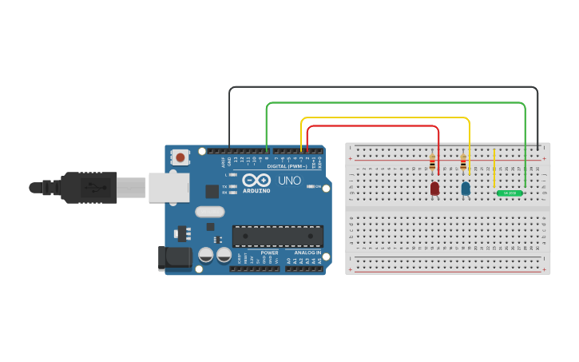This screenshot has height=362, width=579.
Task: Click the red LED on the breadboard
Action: (x=434, y=189)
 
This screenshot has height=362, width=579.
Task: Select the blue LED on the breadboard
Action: (x=466, y=189)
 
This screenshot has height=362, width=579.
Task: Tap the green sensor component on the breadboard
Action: (x=509, y=193)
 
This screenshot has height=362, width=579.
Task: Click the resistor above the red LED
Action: (x=432, y=164)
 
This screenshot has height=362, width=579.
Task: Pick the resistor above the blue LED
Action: (x=463, y=164)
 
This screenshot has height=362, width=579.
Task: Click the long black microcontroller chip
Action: (x=278, y=236)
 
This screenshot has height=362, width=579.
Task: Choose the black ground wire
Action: (x=383, y=87)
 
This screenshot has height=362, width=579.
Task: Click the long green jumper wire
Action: (x=395, y=102)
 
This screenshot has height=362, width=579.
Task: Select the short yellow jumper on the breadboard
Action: (x=494, y=169)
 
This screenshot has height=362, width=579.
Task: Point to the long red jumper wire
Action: (x=372, y=125)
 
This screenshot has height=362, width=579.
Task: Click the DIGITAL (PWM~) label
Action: (x=288, y=165)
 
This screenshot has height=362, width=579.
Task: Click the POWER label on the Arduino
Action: (x=269, y=253)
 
